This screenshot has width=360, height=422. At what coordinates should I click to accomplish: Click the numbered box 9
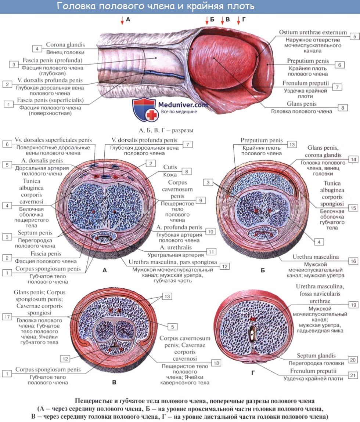click(x=200, y=200)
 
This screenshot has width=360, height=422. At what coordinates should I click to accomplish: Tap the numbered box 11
click(x=211, y=251)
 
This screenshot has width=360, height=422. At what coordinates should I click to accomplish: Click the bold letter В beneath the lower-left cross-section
click(x=114, y=383)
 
